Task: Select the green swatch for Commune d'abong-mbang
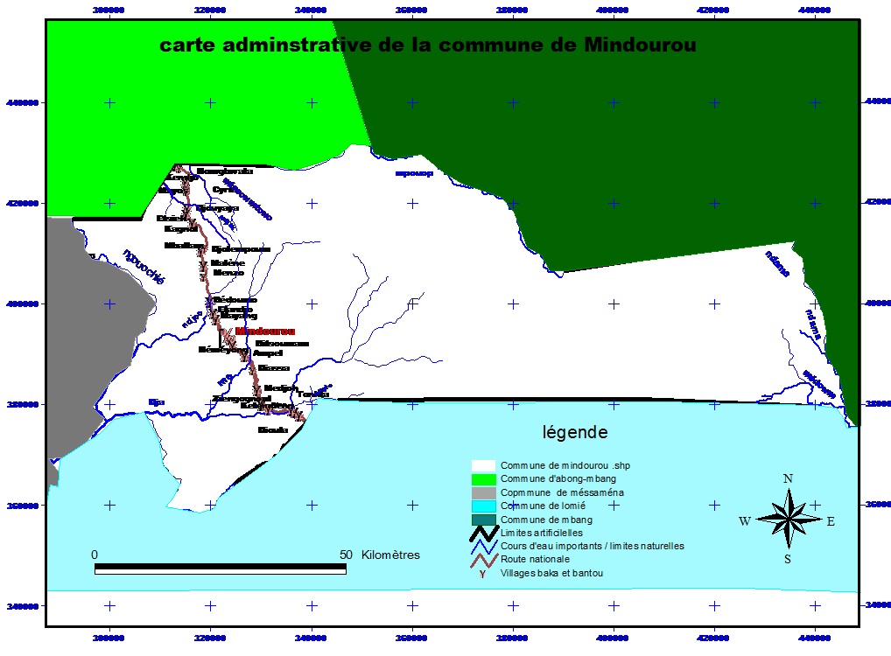coord(483,479)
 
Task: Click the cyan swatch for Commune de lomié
coord(483,506)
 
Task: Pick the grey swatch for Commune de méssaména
coord(483,492)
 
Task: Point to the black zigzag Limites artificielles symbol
coord(483,533)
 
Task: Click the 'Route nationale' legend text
coord(535,559)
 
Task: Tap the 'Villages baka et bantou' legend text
coord(551,573)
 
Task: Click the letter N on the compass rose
coord(788,478)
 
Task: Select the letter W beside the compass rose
coord(745,521)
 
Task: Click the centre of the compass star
coord(789,520)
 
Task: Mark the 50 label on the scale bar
coord(346,555)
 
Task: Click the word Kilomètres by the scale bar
coord(389,555)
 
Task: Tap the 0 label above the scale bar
coord(95,555)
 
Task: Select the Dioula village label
coord(272,430)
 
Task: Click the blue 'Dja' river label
coord(156,402)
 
